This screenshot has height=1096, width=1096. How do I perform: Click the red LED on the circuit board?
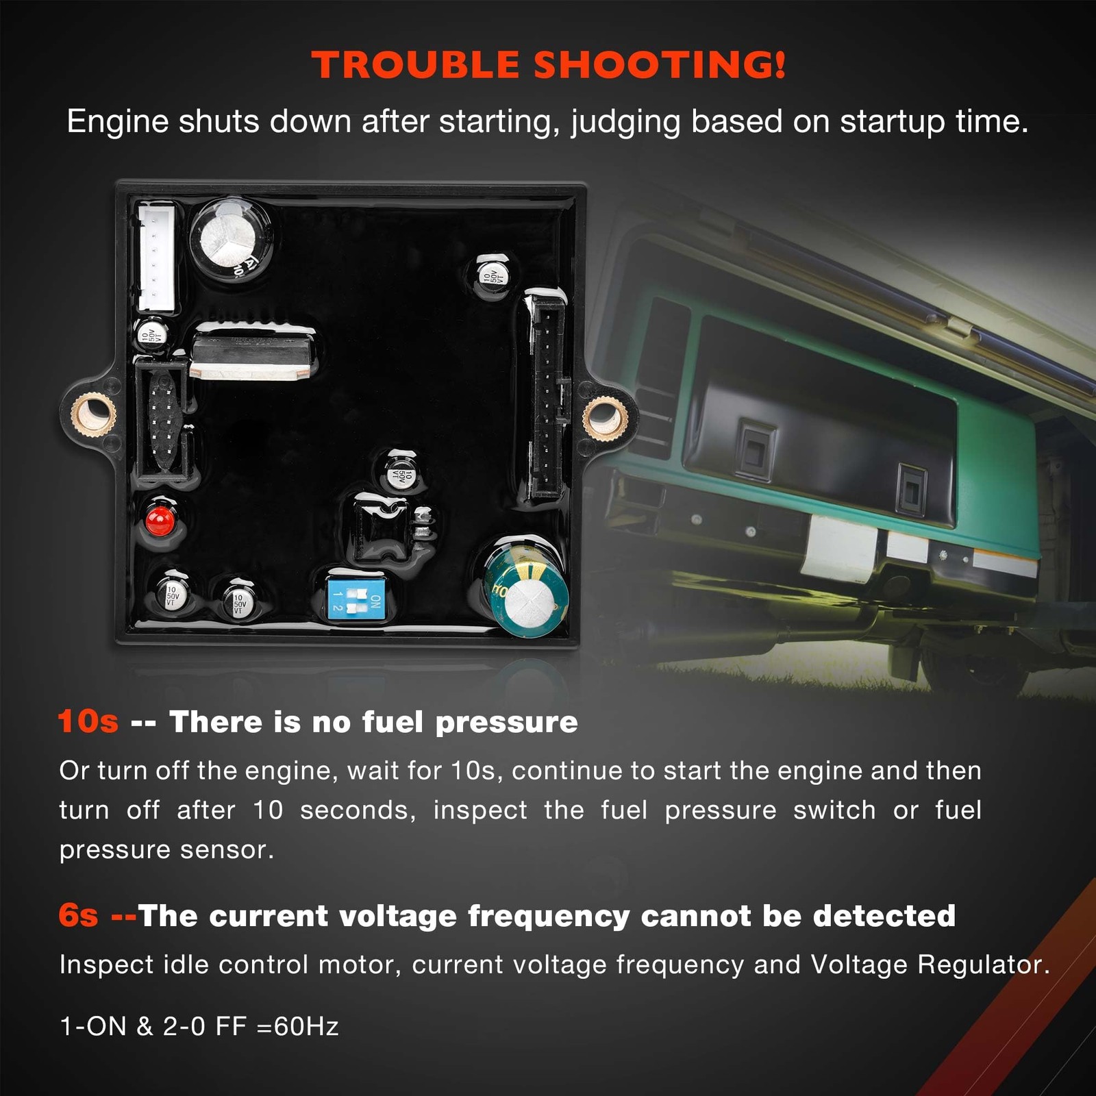click(x=160, y=521)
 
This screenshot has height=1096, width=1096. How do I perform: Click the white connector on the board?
click(x=156, y=258)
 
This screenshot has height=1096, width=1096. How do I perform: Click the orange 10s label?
click(x=88, y=721)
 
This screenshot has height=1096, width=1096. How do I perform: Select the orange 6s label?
click(x=78, y=915)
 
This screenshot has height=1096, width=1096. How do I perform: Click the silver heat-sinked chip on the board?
click(x=252, y=351)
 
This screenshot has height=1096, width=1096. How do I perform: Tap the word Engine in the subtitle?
click(x=118, y=122)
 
